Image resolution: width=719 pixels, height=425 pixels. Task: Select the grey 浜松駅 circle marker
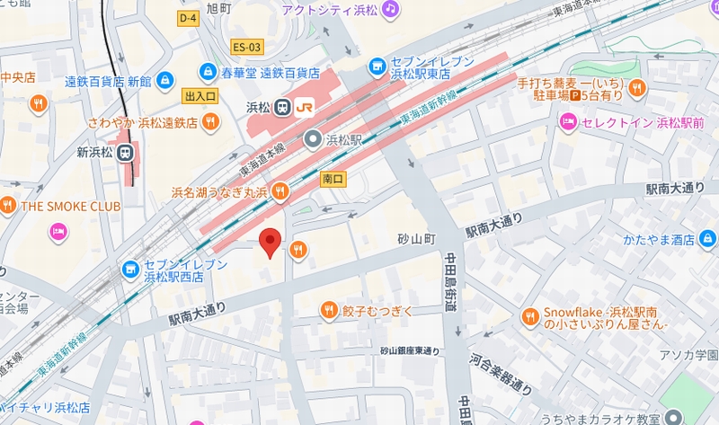[312, 139]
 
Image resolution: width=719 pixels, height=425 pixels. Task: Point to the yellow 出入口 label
[200, 95]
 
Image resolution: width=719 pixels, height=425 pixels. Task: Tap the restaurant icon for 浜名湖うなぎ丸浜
[280, 190]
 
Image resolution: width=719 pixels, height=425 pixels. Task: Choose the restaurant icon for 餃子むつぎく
[330, 311]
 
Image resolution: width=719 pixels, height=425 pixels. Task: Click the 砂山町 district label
[416, 240]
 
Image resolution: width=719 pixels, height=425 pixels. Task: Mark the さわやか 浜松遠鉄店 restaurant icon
[209, 121]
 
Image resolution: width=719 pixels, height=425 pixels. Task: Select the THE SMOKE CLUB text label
[70, 206]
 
